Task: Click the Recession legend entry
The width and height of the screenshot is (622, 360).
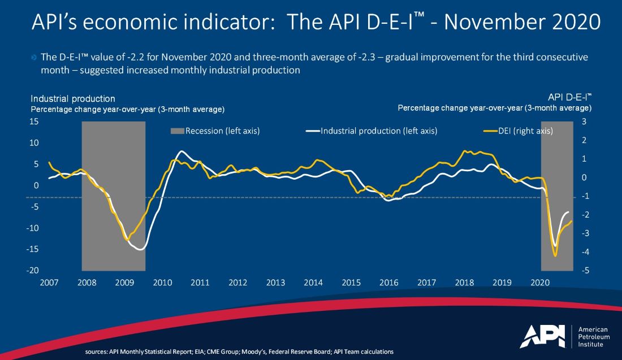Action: (214, 131)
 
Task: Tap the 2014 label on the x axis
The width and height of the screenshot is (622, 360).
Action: (313, 282)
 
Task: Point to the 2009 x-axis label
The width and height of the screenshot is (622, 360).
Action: (125, 282)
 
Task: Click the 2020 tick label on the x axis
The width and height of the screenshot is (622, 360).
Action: (540, 282)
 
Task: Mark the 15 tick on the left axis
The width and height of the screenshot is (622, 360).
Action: (34, 122)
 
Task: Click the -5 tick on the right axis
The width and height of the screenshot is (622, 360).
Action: (586, 271)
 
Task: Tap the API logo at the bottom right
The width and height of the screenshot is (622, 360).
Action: (542, 336)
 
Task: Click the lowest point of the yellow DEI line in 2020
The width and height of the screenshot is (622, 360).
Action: (555, 256)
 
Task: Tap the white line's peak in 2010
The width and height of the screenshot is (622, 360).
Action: (180, 151)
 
